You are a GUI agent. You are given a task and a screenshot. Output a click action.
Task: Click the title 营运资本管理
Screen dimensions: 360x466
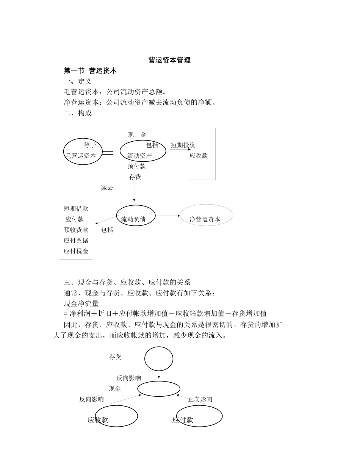tap(169, 60)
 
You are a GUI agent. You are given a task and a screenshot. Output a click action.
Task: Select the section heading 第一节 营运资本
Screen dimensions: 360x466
tap(90, 70)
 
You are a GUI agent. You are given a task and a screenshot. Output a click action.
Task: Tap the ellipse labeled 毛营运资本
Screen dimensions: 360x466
tap(83, 152)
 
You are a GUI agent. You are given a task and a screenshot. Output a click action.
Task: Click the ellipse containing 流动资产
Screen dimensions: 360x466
tap(143, 151)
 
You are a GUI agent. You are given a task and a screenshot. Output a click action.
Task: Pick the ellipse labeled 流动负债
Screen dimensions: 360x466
tap(136, 216)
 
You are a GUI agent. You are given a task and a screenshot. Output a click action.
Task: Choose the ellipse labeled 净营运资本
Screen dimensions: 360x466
tap(206, 215)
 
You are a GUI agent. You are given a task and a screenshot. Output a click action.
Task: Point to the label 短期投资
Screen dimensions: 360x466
tap(183, 145)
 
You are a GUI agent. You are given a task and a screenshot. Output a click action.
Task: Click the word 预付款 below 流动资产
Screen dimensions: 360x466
tap(136, 166)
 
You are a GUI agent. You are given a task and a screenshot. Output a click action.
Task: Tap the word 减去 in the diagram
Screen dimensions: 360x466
tap(107, 188)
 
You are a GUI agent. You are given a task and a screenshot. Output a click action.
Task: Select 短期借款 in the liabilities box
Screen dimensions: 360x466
tap(76, 208)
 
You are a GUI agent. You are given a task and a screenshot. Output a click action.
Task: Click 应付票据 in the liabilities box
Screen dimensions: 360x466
tap(76, 240)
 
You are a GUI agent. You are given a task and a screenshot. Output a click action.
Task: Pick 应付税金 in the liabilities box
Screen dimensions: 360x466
tap(76, 251)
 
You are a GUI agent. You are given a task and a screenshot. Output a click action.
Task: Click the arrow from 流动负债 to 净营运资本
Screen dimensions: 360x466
tap(168, 216)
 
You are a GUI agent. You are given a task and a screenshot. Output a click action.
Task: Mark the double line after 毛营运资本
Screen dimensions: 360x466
tap(108, 153)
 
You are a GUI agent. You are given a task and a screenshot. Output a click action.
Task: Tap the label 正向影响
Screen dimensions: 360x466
tap(200, 399)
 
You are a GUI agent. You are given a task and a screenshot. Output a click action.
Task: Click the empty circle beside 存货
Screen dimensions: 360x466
tap(159, 359)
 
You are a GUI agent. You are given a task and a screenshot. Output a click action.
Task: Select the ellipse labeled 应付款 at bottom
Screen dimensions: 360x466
tap(199, 416)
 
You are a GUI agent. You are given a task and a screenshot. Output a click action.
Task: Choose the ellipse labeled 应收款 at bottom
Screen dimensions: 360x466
tap(116, 416)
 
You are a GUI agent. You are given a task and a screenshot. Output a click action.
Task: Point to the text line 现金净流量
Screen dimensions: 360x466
tap(81, 303)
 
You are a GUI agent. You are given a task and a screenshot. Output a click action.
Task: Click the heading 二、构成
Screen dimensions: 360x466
tap(78, 113)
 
